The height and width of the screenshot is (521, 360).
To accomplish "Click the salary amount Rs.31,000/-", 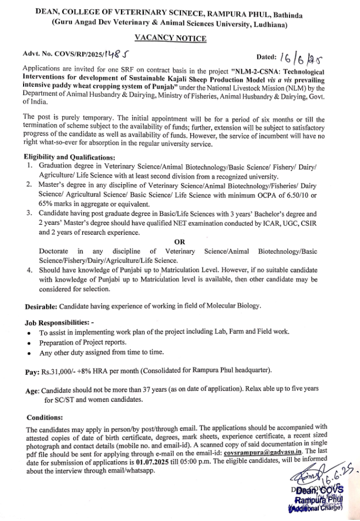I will click(61, 372).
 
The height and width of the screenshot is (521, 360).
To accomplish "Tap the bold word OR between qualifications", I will click(179, 241).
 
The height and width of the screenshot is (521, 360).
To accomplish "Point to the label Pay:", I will click(32, 372).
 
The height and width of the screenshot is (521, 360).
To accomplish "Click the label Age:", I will click(32, 390).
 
